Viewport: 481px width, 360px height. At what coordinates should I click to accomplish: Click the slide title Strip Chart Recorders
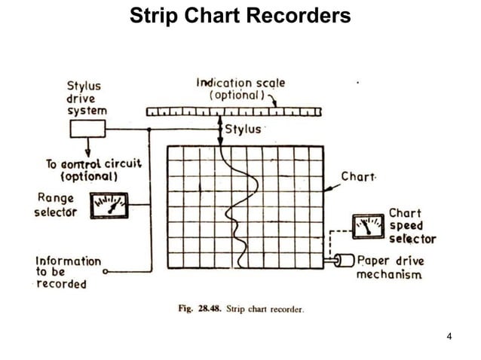pyautogui.click(x=240, y=16)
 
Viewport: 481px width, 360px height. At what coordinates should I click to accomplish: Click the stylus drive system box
pyautogui.click(x=88, y=129)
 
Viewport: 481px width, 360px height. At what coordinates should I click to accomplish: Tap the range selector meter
pyautogui.click(x=109, y=205)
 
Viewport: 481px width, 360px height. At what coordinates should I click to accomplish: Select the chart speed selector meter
pyautogui.click(x=369, y=226)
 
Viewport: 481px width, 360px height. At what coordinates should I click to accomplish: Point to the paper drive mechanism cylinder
pyautogui.click(x=345, y=261)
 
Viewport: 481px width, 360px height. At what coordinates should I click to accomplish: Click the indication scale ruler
pyautogui.click(x=234, y=111)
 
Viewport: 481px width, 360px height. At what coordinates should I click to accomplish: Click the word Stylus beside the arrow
pyautogui.click(x=243, y=129)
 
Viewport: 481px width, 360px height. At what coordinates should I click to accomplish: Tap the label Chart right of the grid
pyautogui.click(x=358, y=177)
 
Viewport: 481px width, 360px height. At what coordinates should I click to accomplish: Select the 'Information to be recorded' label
pyautogui.click(x=68, y=272)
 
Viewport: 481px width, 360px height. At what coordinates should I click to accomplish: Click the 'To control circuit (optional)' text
pyautogui.click(x=83, y=169)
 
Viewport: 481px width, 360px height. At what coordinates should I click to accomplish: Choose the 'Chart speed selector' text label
pyautogui.click(x=412, y=226)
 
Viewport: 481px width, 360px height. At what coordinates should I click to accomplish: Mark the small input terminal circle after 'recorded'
pyautogui.click(x=106, y=270)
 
